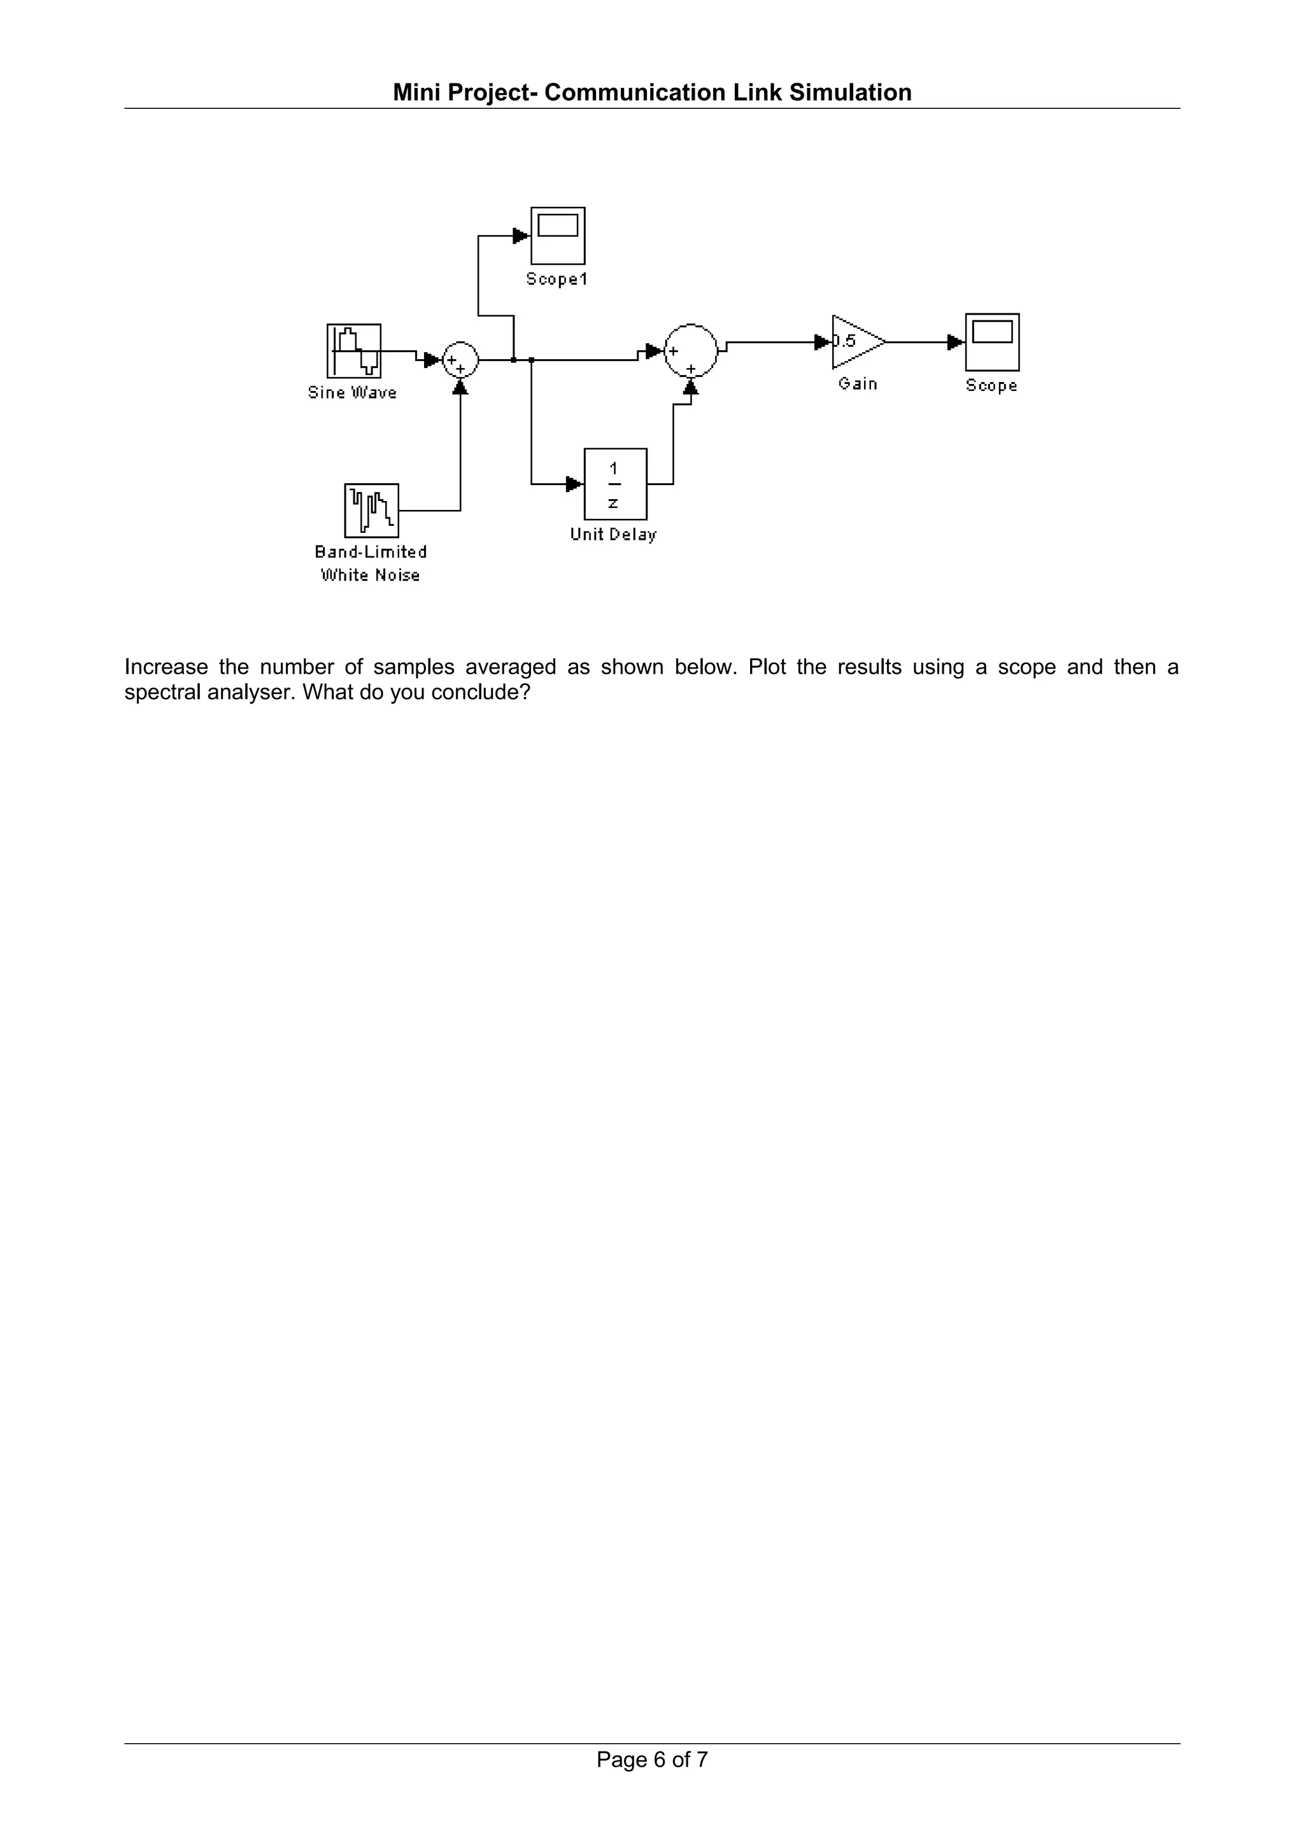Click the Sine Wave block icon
coord(353,350)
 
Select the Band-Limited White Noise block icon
coord(371,510)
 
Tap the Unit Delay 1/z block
coord(614,484)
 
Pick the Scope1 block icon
coord(558,236)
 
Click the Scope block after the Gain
coord(992,341)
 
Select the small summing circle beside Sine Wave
coord(460,360)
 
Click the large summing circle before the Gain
coord(690,350)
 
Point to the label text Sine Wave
coord(352,393)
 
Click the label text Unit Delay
coord(613,534)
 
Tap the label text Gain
coord(857,384)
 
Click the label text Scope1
coord(556,279)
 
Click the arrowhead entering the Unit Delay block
coord(574,484)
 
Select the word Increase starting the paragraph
coord(166,667)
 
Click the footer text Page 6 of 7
coord(651,1783)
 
